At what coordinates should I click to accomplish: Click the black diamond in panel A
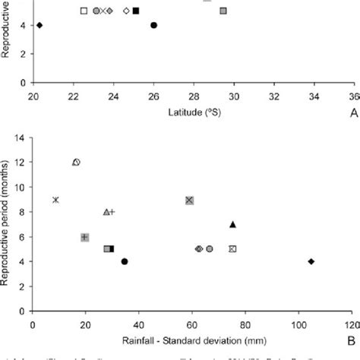click(x=39, y=25)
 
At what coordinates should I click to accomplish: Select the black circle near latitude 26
click(x=153, y=25)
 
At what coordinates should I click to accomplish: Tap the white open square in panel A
click(x=84, y=11)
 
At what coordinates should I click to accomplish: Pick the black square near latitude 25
click(x=136, y=11)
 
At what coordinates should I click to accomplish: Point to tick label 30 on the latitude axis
click(x=234, y=96)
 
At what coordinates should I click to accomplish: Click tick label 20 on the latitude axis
click(x=33, y=96)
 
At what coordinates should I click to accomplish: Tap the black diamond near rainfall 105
click(x=311, y=261)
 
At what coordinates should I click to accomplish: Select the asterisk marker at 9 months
click(x=55, y=200)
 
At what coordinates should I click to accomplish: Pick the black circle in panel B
click(x=125, y=261)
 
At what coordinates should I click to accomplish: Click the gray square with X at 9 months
click(x=190, y=200)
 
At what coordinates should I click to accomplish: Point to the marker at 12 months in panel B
click(x=76, y=162)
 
